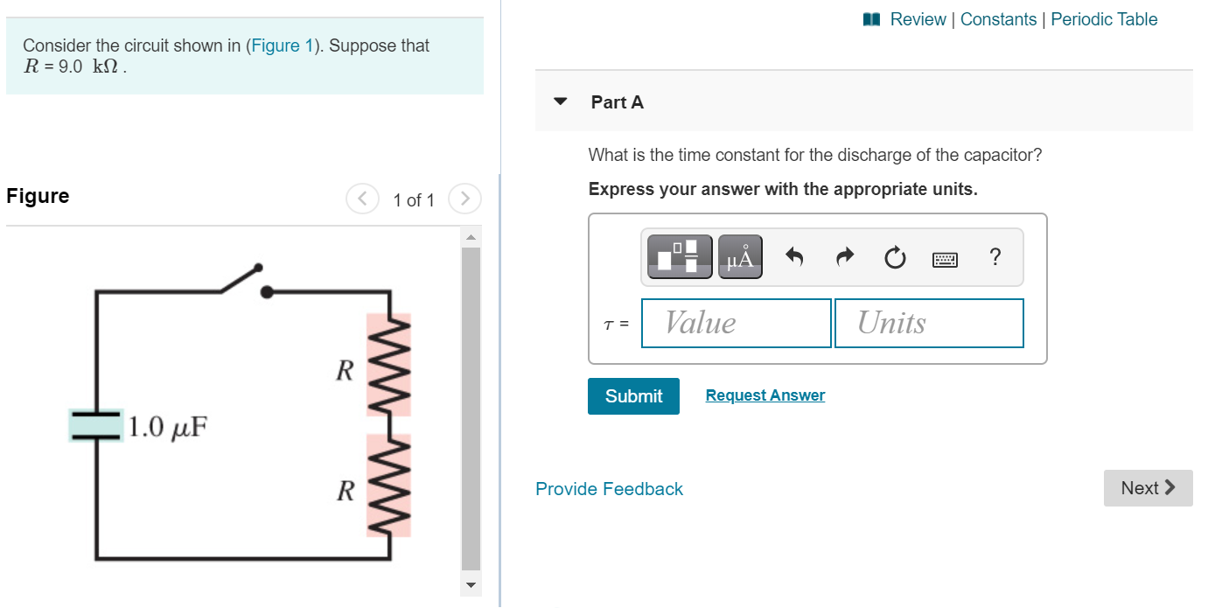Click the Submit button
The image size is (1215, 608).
point(633,396)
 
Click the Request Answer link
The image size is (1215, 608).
point(765,395)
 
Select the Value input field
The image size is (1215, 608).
point(736,323)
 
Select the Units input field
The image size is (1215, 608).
point(929,323)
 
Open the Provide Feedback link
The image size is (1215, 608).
point(609,489)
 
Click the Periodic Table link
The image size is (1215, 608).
point(1104,19)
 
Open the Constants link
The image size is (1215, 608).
point(998,19)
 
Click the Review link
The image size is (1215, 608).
point(917,19)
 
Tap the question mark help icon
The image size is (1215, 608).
point(995,257)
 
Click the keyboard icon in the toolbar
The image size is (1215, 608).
point(945,259)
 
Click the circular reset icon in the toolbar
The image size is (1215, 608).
point(894,258)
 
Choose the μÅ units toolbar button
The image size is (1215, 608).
point(740,257)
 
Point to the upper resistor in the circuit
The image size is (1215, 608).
point(388,365)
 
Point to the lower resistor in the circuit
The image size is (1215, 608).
point(388,485)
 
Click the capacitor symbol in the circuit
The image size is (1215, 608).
point(96,424)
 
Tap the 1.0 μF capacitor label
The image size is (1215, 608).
point(168,427)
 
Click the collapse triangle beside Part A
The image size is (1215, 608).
point(561,101)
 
